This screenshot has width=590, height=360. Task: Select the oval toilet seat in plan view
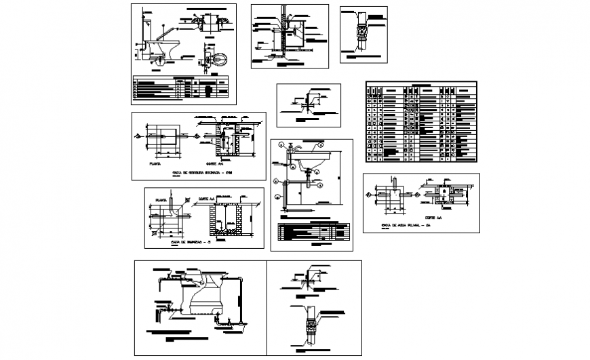pyautogui.click(x=218, y=60)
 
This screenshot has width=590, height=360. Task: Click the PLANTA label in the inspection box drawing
pyautogui.click(x=161, y=201)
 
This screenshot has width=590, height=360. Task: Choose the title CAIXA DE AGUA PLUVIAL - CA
pyautogui.click(x=406, y=224)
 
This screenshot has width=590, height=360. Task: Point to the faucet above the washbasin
pyautogui.click(x=290, y=146)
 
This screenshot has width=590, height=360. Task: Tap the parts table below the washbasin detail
pyautogui.click(x=313, y=231)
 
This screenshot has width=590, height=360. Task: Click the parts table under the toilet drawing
pyautogui.click(x=182, y=88)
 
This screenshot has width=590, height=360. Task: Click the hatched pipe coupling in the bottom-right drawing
pyautogui.click(x=311, y=328)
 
